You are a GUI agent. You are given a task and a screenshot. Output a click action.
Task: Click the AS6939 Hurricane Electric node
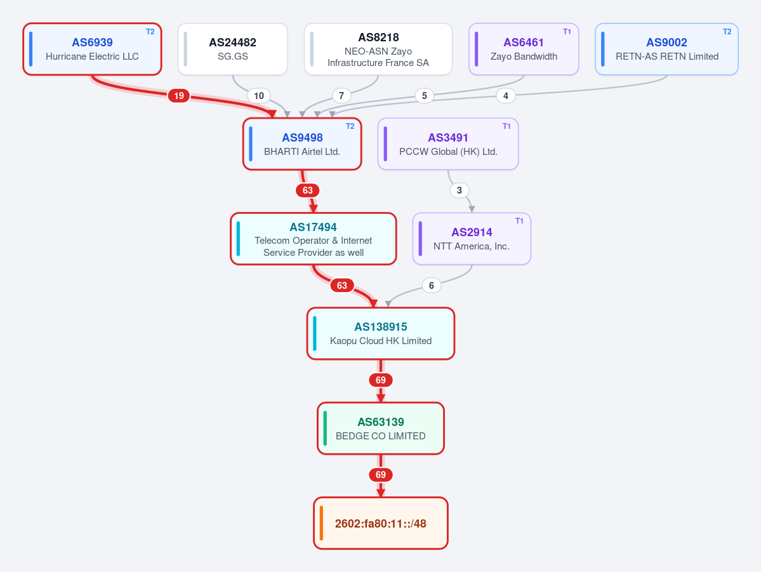(x=92, y=49)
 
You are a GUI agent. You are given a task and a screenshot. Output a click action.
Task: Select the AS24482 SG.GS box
(x=233, y=49)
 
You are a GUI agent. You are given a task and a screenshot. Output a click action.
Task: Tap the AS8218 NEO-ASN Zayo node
(x=378, y=49)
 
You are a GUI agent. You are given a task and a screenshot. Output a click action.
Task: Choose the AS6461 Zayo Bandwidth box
(x=524, y=49)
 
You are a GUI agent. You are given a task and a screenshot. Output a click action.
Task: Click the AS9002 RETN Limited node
(x=667, y=49)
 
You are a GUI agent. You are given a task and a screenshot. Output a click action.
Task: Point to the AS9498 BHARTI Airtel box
(x=302, y=144)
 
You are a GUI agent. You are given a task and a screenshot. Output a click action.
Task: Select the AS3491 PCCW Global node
(x=448, y=144)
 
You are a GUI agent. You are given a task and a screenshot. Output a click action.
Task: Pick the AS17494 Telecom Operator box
(x=314, y=239)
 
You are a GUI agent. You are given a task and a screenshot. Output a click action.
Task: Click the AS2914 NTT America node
(x=472, y=239)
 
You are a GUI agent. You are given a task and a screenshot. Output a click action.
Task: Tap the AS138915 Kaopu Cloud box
(x=381, y=333)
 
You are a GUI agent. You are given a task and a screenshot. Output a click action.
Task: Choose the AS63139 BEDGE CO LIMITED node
(x=381, y=429)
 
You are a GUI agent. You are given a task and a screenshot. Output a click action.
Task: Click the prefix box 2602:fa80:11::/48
(x=381, y=524)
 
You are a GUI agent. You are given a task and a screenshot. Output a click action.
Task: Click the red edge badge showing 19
(x=179, y=96)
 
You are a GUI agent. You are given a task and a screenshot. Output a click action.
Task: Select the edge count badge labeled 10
(x=259, y=96)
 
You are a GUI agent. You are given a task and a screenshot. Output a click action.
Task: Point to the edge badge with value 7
(x=341, y=96)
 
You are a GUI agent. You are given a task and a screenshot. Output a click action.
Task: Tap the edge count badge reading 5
(x=425, y=96)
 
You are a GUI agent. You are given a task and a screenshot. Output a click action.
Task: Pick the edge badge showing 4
(x=506, y=96)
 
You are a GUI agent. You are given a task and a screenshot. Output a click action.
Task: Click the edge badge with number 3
(x=460, y=190)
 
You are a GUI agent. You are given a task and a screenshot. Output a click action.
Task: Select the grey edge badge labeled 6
(x=432, y=286)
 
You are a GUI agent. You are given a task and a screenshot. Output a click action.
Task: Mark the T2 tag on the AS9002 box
(x=727, y=32)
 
